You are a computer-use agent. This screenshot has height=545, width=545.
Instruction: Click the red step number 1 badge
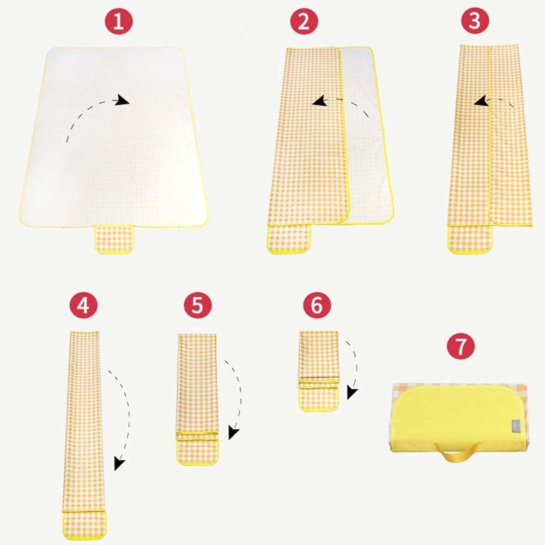click(119, 21)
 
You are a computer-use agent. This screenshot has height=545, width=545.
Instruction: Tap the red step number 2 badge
click(304, 21)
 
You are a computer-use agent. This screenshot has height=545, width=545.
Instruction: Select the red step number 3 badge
click(475, 21)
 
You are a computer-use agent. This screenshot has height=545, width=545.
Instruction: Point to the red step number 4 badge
click(83, 305)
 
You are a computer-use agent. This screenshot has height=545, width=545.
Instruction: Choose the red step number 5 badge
click(197, 305)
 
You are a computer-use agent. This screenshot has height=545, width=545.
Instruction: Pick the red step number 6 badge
click(317, 305)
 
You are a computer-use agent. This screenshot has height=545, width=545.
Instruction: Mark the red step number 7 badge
click(461, 346)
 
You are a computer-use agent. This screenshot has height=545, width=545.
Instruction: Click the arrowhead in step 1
click(122, 100)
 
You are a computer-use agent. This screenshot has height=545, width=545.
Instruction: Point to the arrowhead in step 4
click(119, 464)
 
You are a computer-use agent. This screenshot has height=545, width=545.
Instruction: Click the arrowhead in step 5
click(234, 433)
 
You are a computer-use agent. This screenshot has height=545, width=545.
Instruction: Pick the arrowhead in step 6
click(352, 393)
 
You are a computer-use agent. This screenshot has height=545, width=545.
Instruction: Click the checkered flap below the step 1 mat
click(114, 239)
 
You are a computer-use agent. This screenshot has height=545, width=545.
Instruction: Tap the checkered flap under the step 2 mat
click(289, 239)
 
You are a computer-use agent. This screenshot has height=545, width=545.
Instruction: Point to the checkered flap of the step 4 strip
click(84, 525)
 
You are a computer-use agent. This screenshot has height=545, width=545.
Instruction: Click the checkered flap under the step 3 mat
click(470, 239)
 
